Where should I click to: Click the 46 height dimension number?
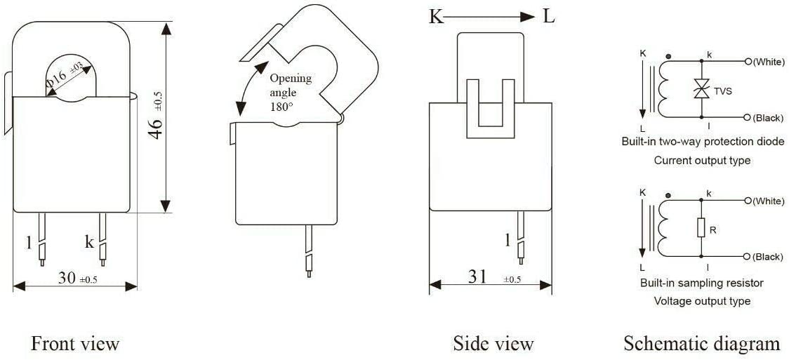pos(157,128)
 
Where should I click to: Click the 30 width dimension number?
pos(67,278)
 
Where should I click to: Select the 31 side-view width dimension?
pos(477,276)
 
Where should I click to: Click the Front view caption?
pos(76,344)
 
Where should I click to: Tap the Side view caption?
pos(493,344)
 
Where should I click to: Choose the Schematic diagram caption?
pos(702,344)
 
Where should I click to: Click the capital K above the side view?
pos(435,17)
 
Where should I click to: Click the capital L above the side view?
pos(548,17)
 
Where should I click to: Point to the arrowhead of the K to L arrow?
pos(534,17)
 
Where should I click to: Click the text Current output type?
pos(702,161)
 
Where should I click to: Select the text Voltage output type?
pos(702,301)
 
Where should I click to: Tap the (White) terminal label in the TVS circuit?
pos(768,62)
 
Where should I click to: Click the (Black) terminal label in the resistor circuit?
pos(768,257)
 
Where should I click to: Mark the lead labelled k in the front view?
pos(102,240)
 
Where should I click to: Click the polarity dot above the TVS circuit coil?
pos(668,56)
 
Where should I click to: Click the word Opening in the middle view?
pos(291,79)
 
